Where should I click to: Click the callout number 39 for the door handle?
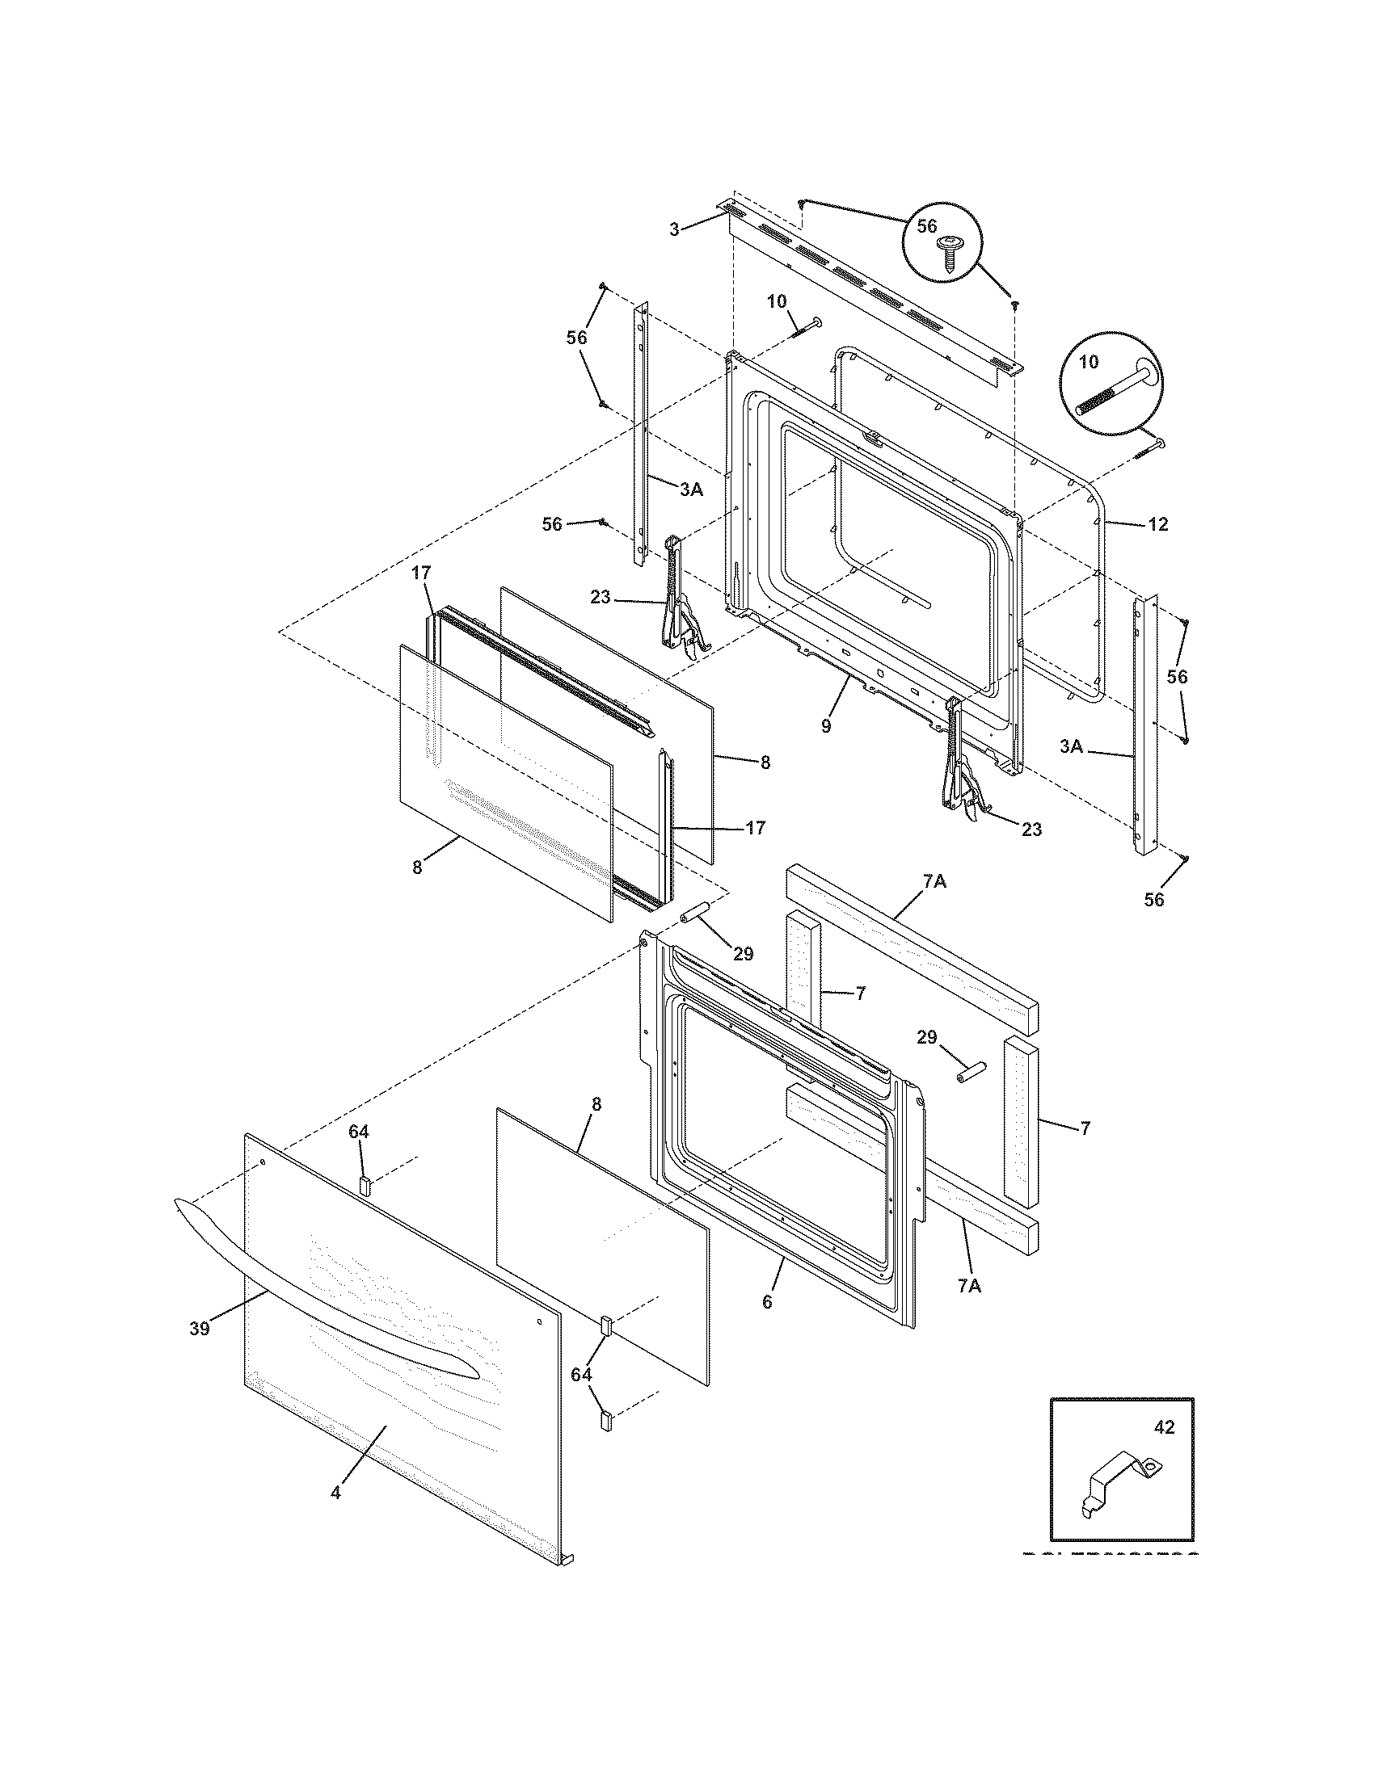[x=200, y=1329]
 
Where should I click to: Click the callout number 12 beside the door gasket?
[x=1157, y=525]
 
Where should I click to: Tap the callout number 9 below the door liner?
[x=826, y=726]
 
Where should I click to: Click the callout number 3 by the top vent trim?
[x=674, y=230]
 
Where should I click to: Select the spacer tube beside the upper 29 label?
[x=697, y=915]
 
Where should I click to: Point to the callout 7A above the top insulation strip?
[x=934, y=880]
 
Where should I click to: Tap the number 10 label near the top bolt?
[x=777, y=301]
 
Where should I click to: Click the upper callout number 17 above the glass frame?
[x=419, y=573]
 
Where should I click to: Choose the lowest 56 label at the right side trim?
[x=1154, y=899]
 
